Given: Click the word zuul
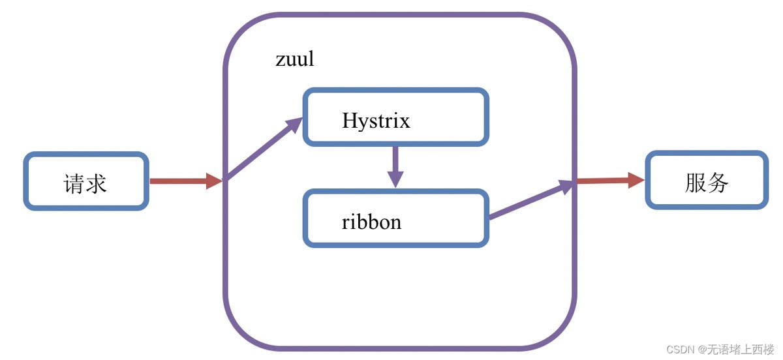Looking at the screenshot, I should [294, 59].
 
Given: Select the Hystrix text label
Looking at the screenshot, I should [376, 121].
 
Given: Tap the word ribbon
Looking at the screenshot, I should [371, 222].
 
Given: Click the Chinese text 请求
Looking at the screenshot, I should [85, 183].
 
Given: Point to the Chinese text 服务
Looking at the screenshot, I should [707, 183].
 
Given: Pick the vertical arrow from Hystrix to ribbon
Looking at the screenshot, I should [395, 166].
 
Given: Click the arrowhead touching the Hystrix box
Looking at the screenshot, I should [293, 125].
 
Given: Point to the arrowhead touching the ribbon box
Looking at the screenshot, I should [395, 179].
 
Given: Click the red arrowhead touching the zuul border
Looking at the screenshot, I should [215, 181].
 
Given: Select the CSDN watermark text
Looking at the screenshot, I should [679, 350].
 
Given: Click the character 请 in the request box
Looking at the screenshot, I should [74, 183].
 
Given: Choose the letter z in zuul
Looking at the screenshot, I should [280, 61].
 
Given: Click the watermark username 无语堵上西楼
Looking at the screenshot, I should [741, 350].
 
